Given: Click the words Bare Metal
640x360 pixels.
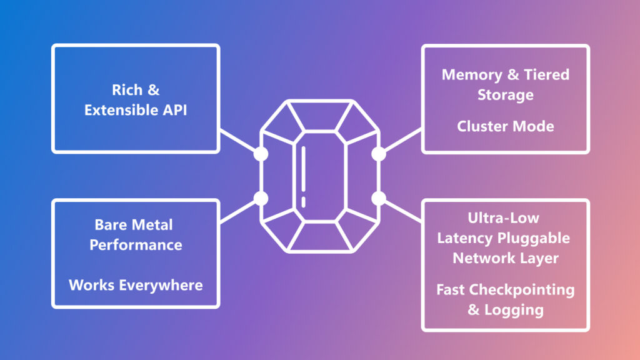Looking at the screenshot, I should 134,224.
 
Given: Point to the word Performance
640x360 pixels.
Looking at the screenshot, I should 136,244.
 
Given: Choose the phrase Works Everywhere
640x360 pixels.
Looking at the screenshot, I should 136,285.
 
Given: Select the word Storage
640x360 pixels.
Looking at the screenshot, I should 506,95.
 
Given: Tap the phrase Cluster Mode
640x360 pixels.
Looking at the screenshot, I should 506,126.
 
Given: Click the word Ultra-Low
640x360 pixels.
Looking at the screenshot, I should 504,218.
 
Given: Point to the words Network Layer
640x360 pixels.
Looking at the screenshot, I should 506,258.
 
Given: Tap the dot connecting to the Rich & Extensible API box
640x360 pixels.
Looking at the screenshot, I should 261,154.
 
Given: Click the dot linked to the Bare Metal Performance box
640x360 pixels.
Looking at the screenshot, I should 261,199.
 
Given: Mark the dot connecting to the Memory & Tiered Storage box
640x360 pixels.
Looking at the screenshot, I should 378,154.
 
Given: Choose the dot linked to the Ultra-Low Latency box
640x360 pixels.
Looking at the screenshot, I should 378,199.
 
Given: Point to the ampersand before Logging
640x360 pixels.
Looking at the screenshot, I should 474,310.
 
